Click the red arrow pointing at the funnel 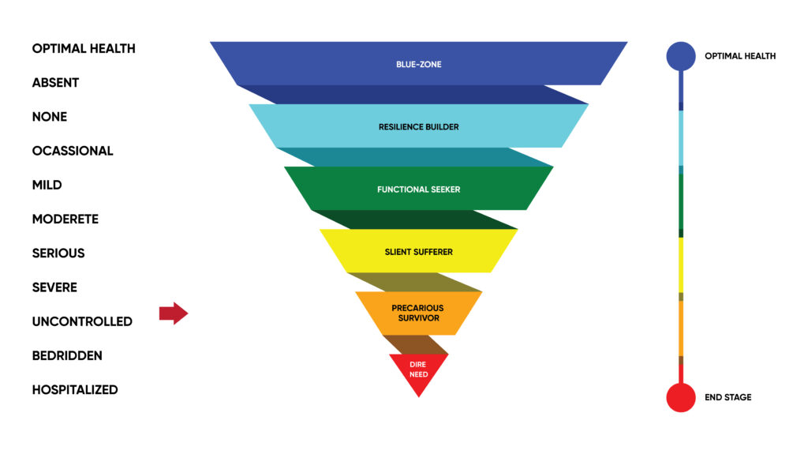pos(174,313)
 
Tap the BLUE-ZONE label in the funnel pos(418,65)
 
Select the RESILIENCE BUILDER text pos(418,127)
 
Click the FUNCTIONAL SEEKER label pos(418,189)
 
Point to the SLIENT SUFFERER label pos(418,252)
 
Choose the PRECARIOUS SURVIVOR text pos(418,313)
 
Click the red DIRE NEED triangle pos(418,371)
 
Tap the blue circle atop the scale pos(681,56)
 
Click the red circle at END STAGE pos(681,397)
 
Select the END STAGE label pos(728,397)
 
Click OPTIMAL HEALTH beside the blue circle pos(740,56)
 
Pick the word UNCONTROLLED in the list pos(82,321)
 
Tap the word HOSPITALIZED pos(75,389)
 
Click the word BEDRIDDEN pos(67,355)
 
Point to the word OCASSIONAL pos(72,151)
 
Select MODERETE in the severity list pos(65,219)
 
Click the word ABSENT pos(55,83)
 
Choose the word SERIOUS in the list pos(58,253)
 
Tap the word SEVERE pos(54,287)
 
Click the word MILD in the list pos(47,185)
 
